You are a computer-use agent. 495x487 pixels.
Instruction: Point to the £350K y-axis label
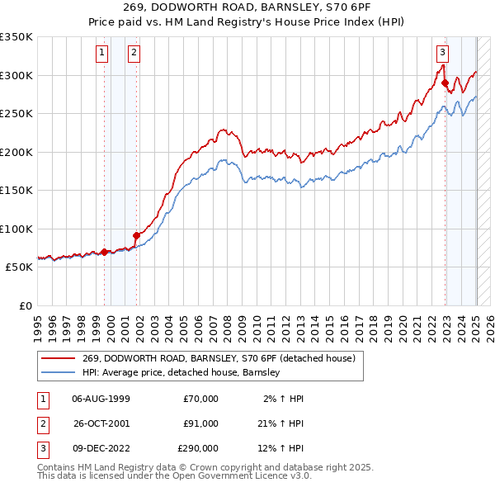click(x=16, y=37)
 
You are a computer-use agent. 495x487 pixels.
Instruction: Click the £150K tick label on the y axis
click(x=16, y=191)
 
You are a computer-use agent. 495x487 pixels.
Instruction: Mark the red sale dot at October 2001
click(x=136, y=236)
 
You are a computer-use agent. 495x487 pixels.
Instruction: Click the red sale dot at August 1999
click(x=105, y=252)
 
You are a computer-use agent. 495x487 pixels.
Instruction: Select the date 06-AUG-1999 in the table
click(x=101, y=399)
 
